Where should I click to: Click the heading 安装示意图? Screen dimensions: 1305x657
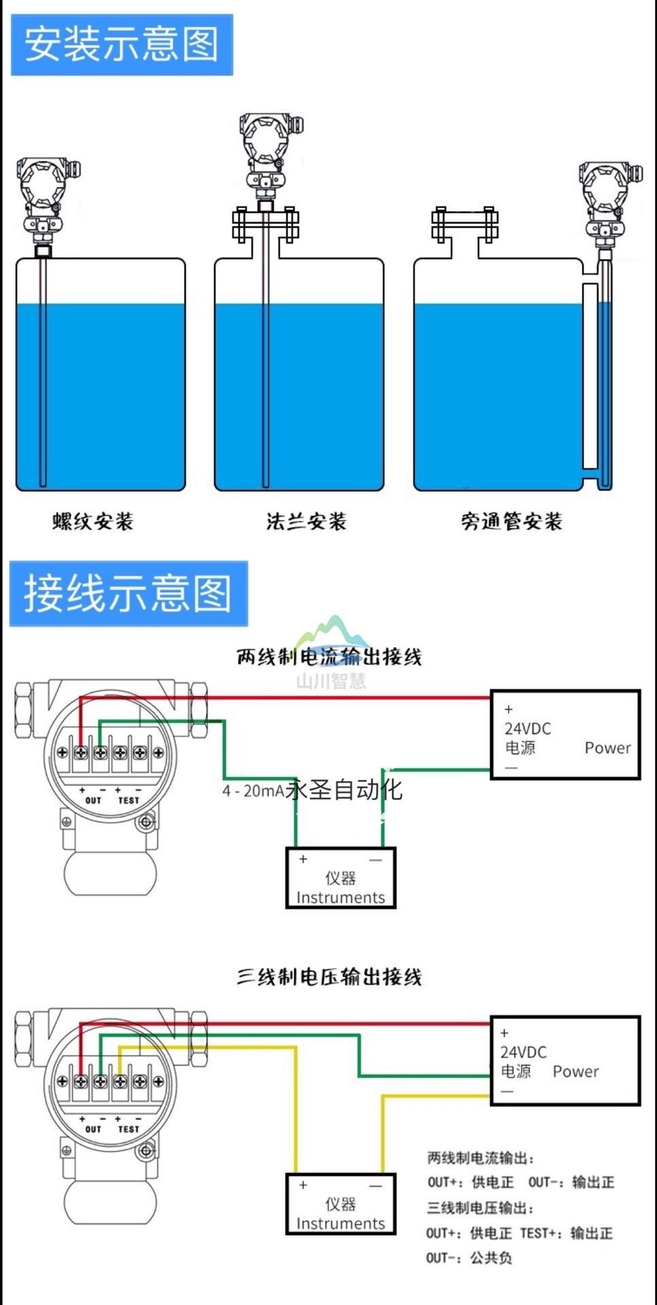[121, 44]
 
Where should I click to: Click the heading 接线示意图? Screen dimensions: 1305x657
[128, 593]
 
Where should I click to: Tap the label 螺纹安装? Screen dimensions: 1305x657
[93, 521]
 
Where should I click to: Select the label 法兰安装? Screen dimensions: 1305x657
[306, 521]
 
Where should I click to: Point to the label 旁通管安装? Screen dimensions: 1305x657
[511, 521]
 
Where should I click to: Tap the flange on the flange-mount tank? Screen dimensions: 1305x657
[265, 224]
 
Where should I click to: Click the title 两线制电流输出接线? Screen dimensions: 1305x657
[329, 657]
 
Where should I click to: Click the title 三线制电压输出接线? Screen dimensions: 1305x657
[329, 977]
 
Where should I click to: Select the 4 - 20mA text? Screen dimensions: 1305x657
[253, 790]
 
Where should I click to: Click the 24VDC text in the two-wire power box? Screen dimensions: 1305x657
[528, 729]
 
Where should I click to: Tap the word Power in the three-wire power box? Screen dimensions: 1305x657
[575, 1071]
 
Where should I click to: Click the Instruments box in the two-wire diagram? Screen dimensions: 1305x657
[341, 878]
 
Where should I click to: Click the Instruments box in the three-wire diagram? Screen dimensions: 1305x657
[341, 1204]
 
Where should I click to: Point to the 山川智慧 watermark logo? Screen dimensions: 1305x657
[331, 652]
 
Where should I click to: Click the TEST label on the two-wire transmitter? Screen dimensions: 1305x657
[128, 800]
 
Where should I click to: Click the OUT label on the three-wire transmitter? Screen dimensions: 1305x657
[93, 1129]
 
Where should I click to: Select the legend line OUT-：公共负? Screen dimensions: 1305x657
[469, 1258]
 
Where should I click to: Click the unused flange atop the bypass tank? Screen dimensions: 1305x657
[465, 224]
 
